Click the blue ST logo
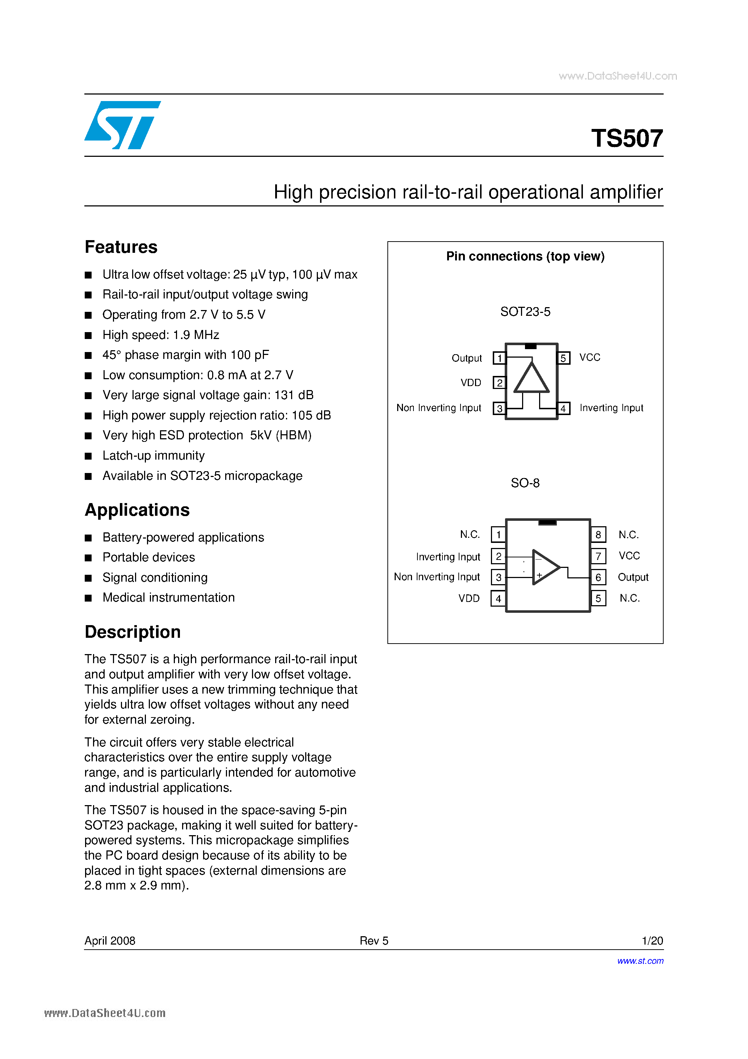point(122,125)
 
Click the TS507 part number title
point(627,138)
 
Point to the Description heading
point(133,632)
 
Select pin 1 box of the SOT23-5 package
point(499,358)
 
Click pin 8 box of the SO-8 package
point(598,535)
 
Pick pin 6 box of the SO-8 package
point(598,577)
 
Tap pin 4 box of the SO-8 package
point(498,599)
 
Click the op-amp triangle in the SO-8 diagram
point(545,567)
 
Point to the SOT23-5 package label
point(525,312)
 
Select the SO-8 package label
point(525,483)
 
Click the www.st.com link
point(640,961)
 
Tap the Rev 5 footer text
point(374,941)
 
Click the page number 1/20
point(652,941)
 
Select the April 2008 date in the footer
point(110,941)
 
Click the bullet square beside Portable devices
point(88,558)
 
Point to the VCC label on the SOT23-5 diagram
point(590,357)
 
